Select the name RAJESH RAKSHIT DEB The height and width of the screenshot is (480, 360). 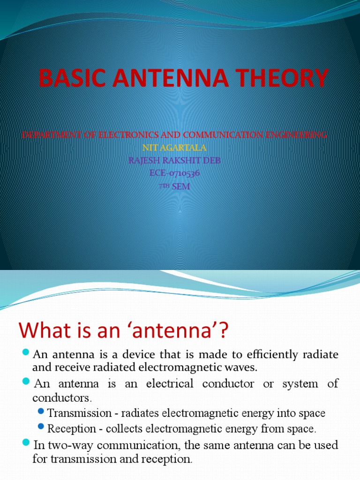click(174, 160)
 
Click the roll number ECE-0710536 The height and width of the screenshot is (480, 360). click(174, 173)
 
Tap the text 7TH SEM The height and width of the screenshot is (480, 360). click(174, 186)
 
